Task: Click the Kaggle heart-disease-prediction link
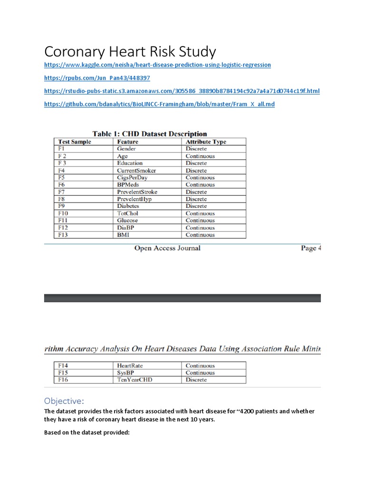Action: (x=157, y=65)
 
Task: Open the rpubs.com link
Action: (x=97, y=78)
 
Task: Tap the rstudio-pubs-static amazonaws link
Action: (x=182, y=91)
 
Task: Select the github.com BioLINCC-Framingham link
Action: (x=159, y=104)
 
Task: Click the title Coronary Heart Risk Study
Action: (x=130, y=51)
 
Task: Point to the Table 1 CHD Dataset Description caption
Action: (x=150, y=134)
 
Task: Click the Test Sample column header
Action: (x=75, y=141)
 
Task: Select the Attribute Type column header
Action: (x=206, y=141)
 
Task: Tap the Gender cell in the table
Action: (x=126, y=149)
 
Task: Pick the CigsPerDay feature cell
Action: (x=132, y=178)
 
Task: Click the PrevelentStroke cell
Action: (x=137, y=192)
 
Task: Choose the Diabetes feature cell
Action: (x=128, y=206)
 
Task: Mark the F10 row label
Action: (x=63, y=213)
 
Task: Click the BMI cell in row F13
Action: (x=124, y=234)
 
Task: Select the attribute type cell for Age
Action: (x=200, y=156)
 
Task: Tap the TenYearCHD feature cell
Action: (x=134, y=380)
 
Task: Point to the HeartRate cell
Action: (x=130, y=365)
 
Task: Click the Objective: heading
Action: (x=63, y=401)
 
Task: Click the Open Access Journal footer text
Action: (x=167, y=248)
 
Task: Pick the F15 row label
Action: (x=63, y=373)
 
